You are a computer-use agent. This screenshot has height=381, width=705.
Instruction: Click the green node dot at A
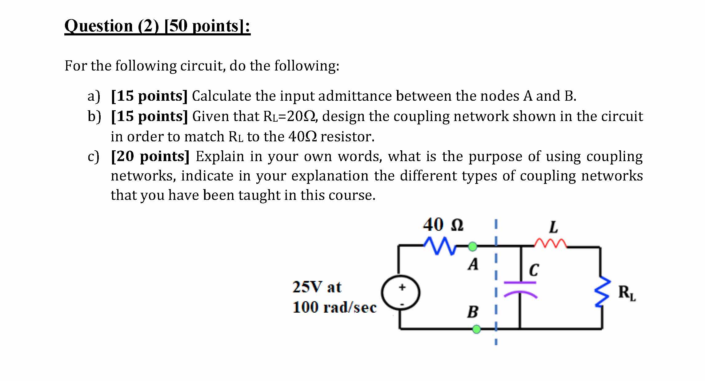click(473, 246)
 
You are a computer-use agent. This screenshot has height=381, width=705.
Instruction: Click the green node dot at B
click(476, 329)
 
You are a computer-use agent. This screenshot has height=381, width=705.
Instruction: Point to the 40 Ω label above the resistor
click(443, 225)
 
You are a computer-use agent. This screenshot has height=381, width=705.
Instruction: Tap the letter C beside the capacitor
click(534, 270)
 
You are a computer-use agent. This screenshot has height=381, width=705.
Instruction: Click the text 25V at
click(317, 287)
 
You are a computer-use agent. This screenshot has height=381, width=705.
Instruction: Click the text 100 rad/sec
click(334, 307)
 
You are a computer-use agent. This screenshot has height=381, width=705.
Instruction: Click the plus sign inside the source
click(401, 287)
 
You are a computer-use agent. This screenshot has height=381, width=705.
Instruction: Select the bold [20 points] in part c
click(150, 156)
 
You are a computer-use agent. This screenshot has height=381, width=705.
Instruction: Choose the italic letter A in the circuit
click(473, 264)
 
